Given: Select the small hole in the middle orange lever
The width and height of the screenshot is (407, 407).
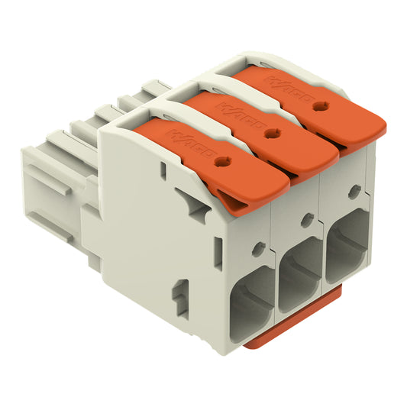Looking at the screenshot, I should pyautogui.click(x=270, y=133).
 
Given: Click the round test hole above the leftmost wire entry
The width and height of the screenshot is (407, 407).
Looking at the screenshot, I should pyautogui.click(x=259, y=248).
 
